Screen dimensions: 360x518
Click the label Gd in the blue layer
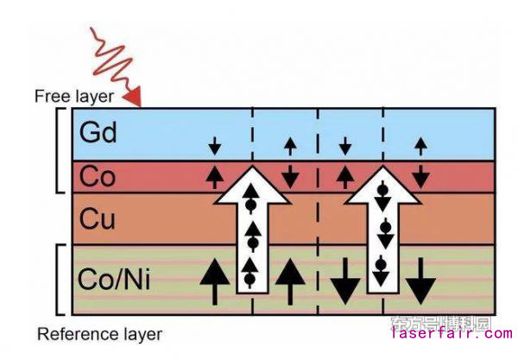coord(97,132)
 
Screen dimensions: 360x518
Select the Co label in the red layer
coord(97,176)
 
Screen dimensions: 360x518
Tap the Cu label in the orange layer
coord(97,218)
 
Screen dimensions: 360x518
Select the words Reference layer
coord(99,333)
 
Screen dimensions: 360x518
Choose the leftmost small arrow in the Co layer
coord(214,177)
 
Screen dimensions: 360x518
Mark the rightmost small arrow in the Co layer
coord(420,176)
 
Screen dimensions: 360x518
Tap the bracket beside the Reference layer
coord(58,279)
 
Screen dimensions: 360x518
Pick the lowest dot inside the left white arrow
coord(251,278)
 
